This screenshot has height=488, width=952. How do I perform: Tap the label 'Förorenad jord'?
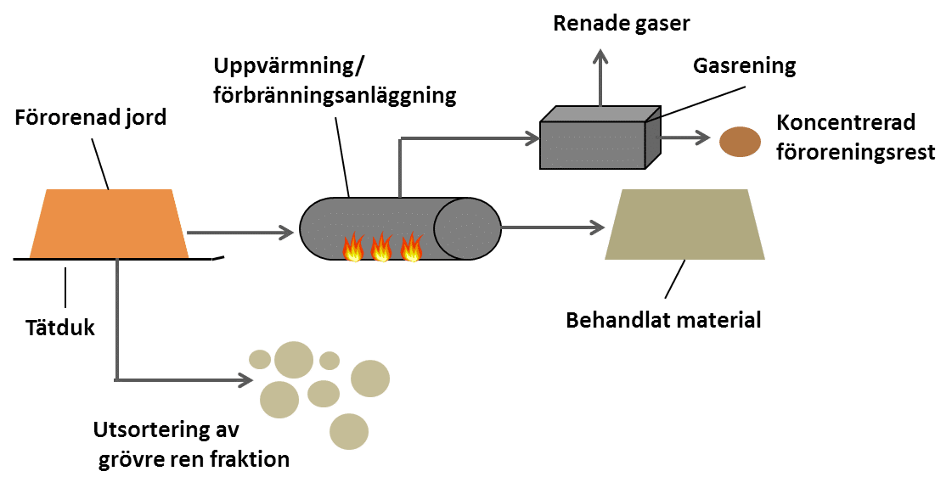(91, 117)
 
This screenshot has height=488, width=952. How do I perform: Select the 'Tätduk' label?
(59, 328)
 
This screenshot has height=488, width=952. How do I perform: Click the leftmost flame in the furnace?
(352, 249)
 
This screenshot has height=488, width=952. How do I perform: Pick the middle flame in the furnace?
(381, 249)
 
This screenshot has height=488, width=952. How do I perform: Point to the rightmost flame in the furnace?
(411, 248)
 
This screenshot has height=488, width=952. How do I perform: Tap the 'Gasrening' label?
(745, 66)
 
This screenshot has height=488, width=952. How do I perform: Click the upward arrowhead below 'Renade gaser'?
(601, 57)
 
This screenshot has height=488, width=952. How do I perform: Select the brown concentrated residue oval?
(740, 141)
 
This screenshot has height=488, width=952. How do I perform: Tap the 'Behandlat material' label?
(663, 320)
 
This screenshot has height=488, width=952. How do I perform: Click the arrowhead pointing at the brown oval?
(701, 136)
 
